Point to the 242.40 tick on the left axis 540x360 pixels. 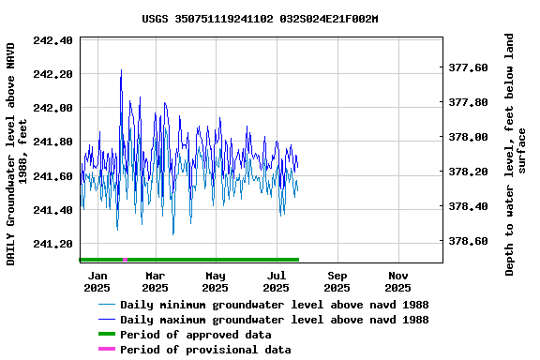pyautogui.click(x=53, y=40)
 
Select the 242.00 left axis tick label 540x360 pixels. pyautogui.click(x=53, y=108)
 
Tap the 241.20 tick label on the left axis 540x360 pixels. pyautogui.click(x=53, y=245)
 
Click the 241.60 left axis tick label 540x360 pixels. pyautogui.click(x=53, y=176)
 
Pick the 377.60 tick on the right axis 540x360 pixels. pyautogui.click(x=468, y=68)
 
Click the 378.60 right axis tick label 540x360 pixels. pyautogui.click(x=468, y=241)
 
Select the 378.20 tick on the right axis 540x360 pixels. pyautogui.click(x=468, y=172)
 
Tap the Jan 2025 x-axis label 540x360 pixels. pyautogui.click(x=97, y=281)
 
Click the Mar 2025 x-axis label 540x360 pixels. pyautogui.click(x=156, y=281)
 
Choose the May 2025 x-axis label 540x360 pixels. pyautogui.click(x=216, y=281)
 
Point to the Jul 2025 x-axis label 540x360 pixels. pyautogui.click(x=277, y=281)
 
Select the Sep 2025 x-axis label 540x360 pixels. pyautogui.click(x=337, y=281)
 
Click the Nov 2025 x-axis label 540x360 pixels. pyautogui.click(x=398, y=281)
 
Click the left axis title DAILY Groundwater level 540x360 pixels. pyautogui.click(x=19, y=153)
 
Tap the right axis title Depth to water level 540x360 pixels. pyautogui.click(x=516, y=155)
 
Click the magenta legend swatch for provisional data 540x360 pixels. pyautogui.click(x=106, y=350)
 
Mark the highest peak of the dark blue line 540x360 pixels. pyautogui.click(x=121, y=70)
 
